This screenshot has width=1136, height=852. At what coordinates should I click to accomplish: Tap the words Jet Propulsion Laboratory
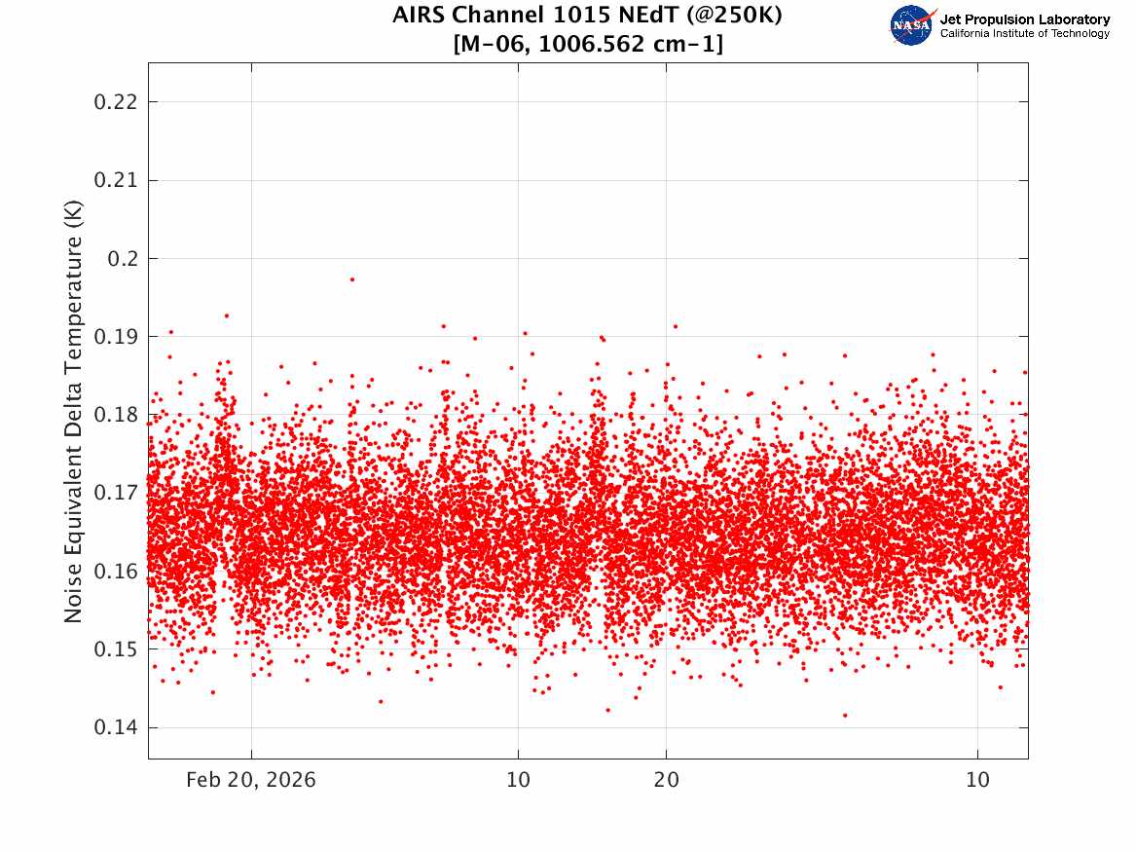[1024, 19]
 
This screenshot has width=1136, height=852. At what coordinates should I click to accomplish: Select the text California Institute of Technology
[1024, 33]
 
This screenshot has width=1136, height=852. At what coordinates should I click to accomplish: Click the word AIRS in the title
[419, 15]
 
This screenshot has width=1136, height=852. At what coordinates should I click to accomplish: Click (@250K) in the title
[734, 16]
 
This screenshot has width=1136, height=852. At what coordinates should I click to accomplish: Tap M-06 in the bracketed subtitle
[493, 44]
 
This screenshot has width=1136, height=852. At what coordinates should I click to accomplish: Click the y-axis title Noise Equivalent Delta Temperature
[73, 412]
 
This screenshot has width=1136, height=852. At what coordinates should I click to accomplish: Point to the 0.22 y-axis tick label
[115, 102]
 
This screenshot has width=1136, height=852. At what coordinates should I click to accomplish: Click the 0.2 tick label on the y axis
[123, 259]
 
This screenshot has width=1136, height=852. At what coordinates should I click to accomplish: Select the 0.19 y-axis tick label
[115, 337]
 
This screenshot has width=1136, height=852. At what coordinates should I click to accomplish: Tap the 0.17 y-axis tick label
[115, 494]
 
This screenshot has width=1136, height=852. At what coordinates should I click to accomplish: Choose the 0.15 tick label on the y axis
[115, 649]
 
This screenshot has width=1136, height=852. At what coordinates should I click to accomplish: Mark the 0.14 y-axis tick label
[115, 727]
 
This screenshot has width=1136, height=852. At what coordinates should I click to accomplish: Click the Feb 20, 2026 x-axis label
[251, 780]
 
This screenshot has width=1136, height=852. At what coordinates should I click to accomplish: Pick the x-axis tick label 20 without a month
[667, 780]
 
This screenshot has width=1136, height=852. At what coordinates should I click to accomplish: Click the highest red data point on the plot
[352, 278]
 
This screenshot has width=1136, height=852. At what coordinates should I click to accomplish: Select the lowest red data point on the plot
[845, 715]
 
